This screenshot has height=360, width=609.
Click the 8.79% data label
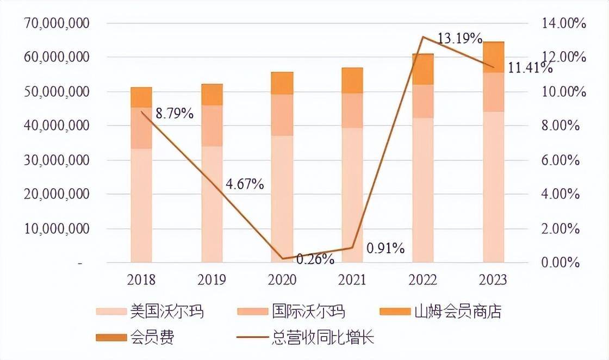(x=174, y=114)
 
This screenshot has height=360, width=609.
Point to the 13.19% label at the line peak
(x=460, y=39)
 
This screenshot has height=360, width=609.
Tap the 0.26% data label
(x=315, y=259)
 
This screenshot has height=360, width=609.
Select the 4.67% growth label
(x=244, y=184)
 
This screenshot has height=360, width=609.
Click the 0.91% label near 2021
(x=386, y=249)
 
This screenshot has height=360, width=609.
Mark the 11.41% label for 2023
(x=530, y=69)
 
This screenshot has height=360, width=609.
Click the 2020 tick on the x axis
(x=282, y=280)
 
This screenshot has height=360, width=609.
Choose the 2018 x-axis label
(x=141, y=280)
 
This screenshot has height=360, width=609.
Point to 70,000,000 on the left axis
(x=57, y=24)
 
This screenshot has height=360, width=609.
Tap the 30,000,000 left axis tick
(x=57, y=160)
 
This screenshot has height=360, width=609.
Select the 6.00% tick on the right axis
(x=561, y=160)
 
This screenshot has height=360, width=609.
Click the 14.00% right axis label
(x=561, y=24)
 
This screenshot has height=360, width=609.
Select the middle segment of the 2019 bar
(x=212, y=126)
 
